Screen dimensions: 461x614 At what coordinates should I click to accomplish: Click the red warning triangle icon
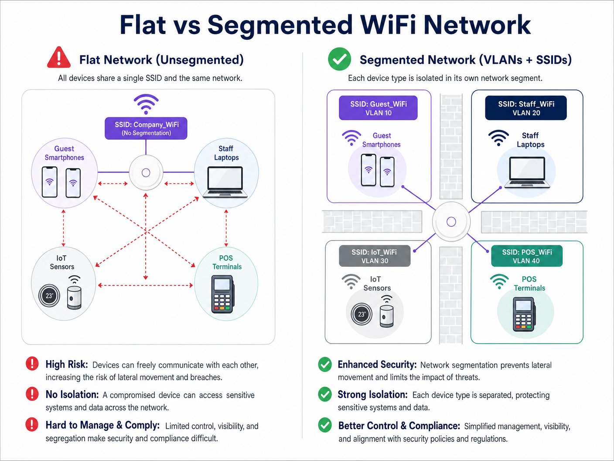point(59,58)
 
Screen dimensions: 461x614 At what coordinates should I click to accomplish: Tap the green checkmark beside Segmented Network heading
point(339,59)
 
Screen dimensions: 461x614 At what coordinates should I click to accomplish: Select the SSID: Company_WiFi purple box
point(146,128)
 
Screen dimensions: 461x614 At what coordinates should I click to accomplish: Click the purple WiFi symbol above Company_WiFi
point(146,104)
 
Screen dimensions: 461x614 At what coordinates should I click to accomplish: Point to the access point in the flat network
point(146,173)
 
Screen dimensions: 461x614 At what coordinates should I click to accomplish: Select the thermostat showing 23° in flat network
point(49,296)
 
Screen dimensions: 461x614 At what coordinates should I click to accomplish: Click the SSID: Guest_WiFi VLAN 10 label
point(378,108)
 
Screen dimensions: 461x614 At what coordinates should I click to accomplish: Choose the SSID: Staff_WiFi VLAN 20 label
point(526,108)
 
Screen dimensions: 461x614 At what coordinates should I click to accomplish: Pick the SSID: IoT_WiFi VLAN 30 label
point(375,256)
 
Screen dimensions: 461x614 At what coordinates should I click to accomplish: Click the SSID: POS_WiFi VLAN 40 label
point(526,256)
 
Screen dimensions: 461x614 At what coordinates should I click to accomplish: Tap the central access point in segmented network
point(451,222)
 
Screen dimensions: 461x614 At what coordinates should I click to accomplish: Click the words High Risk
point(67,365)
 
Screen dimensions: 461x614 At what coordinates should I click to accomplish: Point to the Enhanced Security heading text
point(377,365)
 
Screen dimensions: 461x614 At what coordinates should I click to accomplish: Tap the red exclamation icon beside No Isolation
point(32,394)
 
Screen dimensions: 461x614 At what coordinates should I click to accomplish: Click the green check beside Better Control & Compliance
point(325,425)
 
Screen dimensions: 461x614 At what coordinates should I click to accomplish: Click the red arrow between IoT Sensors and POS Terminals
point(145,286)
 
